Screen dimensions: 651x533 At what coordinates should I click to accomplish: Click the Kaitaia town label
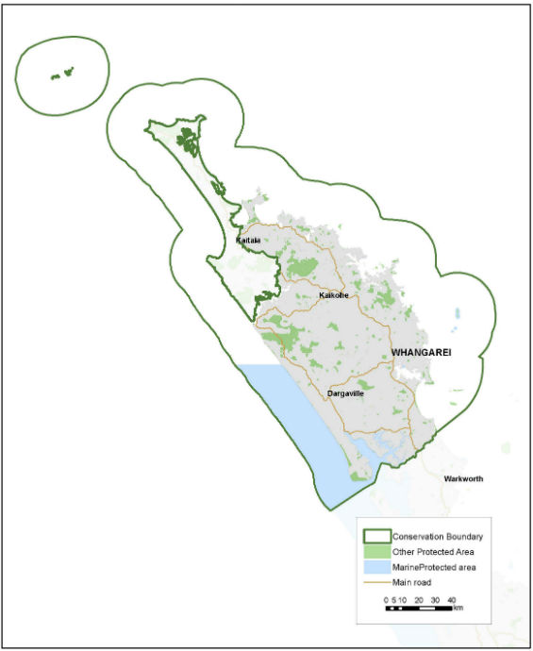click(x=248, y=240)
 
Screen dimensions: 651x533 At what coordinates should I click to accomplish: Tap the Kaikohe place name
click(x=335, y=295)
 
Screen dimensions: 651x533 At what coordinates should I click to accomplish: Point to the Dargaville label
click(x=345, y=392)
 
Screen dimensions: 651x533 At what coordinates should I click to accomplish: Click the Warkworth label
click(x=463, y=479)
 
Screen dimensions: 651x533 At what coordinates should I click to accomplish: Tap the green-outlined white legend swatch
click(x=374, y=537)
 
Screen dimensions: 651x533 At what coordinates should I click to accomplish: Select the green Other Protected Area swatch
click(x=374, y=552)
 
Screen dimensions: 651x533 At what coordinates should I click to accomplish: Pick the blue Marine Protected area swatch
click(x=374, y=567)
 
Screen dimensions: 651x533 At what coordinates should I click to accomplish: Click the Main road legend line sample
click(x=374, y=582)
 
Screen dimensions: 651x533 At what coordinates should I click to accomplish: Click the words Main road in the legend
click(x=413, y=582)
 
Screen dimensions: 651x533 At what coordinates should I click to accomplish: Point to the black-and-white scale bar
click(x=419, y=609)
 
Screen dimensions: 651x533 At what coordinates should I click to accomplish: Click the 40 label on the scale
click(x=452, y=600)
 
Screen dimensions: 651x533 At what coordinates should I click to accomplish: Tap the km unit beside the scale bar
click(x=458, y=609)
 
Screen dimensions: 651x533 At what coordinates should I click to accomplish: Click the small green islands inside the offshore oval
click(x=62, y=73)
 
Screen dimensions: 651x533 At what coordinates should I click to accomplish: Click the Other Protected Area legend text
click(x=433, y=552)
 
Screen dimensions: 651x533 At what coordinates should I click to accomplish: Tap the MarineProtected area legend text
click(x=435, y=567)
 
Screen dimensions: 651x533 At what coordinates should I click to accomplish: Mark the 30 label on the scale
click(x=435, y=600)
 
